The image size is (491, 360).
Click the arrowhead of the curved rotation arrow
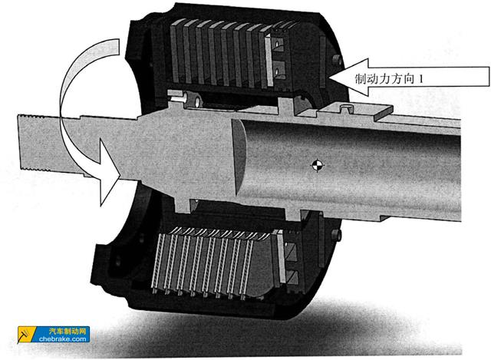110,173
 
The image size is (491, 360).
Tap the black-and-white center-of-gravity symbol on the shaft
317,165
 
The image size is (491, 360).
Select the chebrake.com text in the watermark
63,339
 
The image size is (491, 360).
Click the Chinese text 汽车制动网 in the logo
68,331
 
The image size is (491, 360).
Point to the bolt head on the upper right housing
337,60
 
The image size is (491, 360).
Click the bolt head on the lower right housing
336,236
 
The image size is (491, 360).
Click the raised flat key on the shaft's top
357,112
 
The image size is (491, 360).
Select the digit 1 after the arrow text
420,78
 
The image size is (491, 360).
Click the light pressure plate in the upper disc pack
269,61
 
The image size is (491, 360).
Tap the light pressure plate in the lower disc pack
282,257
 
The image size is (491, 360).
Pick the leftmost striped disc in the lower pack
158,261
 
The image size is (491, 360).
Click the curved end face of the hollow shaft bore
239,156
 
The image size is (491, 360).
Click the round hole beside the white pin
197,101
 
